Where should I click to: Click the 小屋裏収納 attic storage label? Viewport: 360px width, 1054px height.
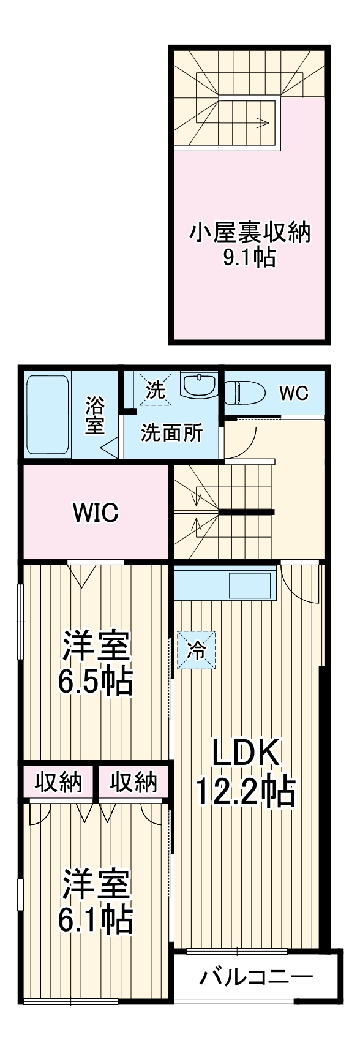click(x=249, y=233)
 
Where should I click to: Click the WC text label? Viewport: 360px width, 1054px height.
click(x=294, y=393)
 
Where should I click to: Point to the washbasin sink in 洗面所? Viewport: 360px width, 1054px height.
click(x=200, y=386)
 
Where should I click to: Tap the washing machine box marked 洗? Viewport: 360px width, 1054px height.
click(x=156, y=390)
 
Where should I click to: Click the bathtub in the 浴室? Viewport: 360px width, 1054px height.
click(x=48, y=415)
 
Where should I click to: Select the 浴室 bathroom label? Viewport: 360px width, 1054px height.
click(x=95, y=415)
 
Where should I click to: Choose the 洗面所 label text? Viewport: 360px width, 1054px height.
click(x=171, y=433)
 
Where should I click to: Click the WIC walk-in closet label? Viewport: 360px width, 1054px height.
click(x=96, y=513)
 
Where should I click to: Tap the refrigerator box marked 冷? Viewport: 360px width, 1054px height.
click(x=197, y=650)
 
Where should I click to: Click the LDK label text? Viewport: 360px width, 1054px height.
click(x=246, y=753)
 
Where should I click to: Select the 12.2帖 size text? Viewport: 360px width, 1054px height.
click(x=246, y=792)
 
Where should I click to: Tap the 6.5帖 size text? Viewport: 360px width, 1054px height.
click(x=95, y=680)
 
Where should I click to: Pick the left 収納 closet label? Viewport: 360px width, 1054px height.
click(x=58, y=782)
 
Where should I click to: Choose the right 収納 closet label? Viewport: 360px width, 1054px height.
click(x=133, y=782)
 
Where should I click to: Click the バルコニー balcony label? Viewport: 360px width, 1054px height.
click(x=256, y=976)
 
